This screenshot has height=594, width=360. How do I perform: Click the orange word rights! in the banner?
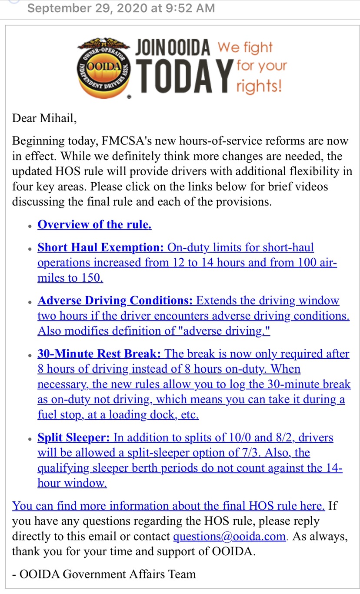click(259, 86)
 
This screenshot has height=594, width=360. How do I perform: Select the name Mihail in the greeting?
click(59, 118)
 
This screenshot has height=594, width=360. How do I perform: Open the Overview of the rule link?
click(94, 225)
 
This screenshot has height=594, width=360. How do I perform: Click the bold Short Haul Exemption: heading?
click(100, 248)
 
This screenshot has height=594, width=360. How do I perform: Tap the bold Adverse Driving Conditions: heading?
click(115, 301)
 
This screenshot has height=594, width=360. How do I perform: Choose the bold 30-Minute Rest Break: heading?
click(99, 354)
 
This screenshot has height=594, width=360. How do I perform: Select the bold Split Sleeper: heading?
click(73, 437)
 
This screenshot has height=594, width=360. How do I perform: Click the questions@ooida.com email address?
click(229, 537)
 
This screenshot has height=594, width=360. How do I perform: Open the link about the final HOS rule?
click(169, 506)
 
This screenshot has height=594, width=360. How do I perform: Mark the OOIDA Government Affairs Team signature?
click(104, 574)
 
